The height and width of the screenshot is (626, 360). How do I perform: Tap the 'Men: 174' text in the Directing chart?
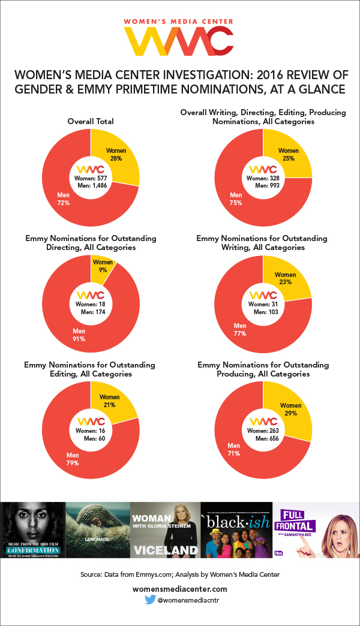point(91,312)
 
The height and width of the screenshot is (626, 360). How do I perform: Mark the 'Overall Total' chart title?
point(90,122)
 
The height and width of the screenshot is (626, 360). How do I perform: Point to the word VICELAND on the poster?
point(165,549)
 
